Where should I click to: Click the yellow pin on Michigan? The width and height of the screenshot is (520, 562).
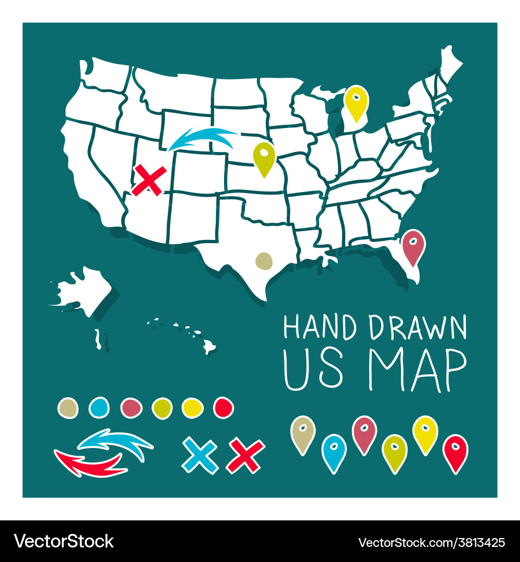click(357, 102)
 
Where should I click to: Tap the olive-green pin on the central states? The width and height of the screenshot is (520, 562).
click(264, 157)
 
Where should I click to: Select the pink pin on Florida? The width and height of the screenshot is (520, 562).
click(413, 246)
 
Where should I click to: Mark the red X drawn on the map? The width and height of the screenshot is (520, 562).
click(149, 181)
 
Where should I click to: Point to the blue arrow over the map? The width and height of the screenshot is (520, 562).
click(203, 139)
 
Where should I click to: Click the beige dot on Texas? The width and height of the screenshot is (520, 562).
click(264, 261)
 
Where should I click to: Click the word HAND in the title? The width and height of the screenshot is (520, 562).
click(319, 328)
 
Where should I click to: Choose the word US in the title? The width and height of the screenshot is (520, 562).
click(314, 372)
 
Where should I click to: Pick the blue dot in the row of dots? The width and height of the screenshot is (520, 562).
click(99, 407)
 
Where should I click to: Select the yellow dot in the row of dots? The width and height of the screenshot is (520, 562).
click(192, 407)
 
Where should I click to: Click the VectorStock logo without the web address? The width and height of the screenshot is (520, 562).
click(64, 541)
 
